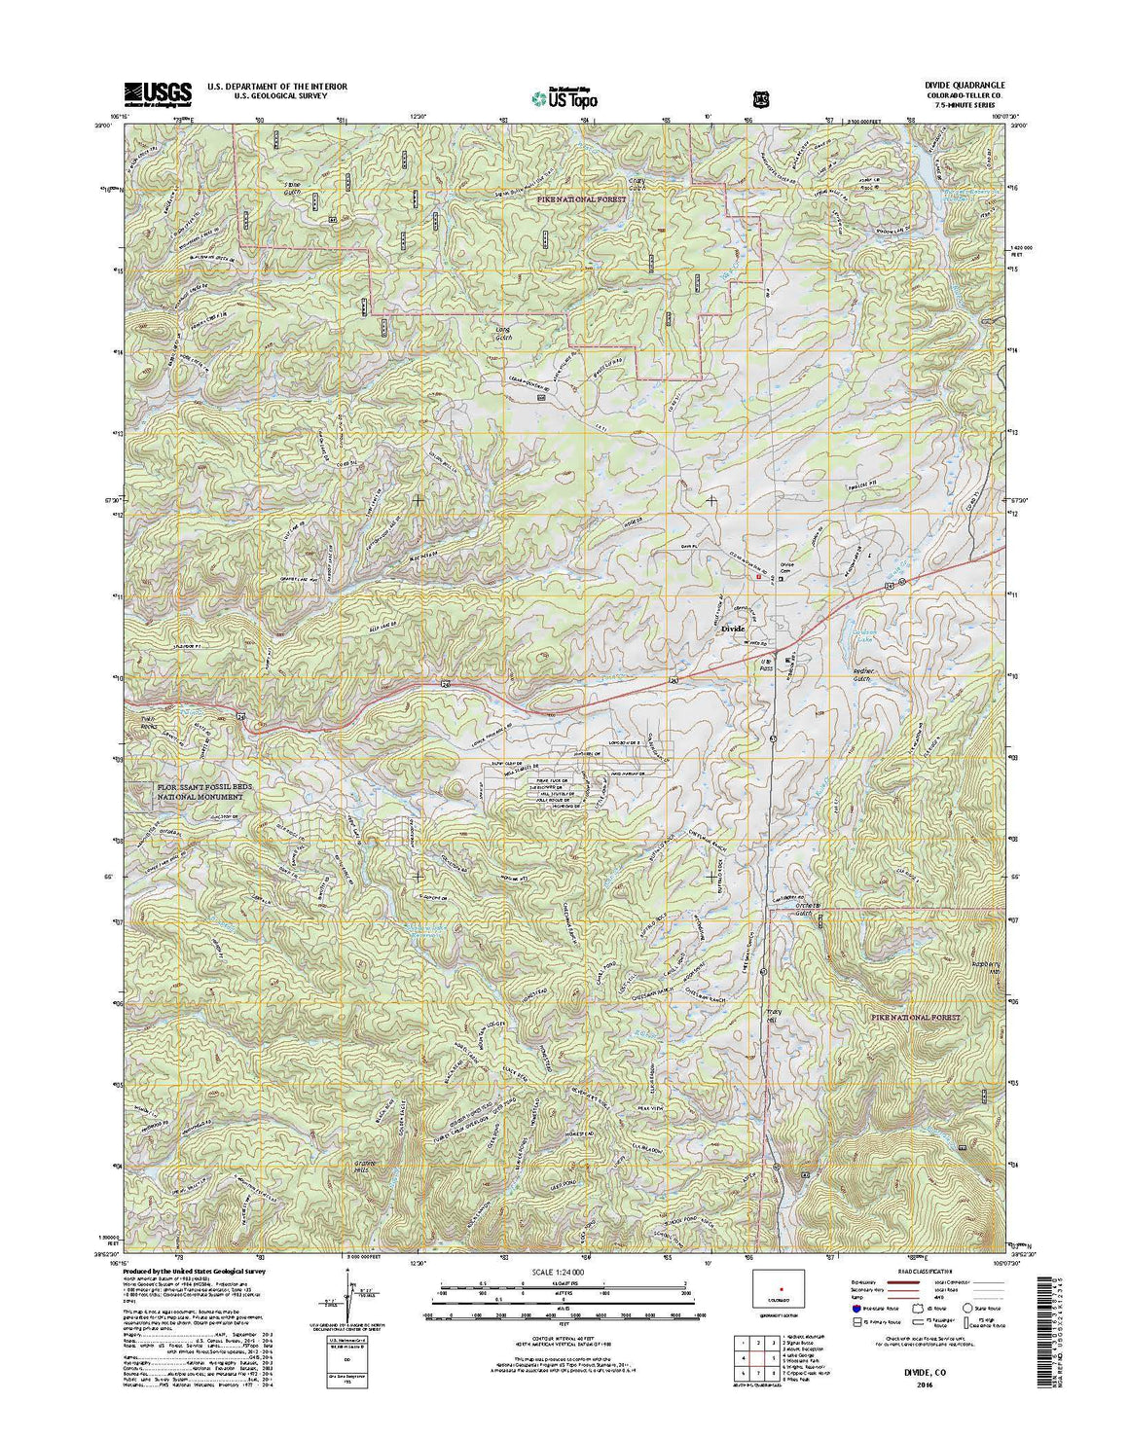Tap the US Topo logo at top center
(564, 97)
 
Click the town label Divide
(732, 630)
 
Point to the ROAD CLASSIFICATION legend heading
(920, 1272)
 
